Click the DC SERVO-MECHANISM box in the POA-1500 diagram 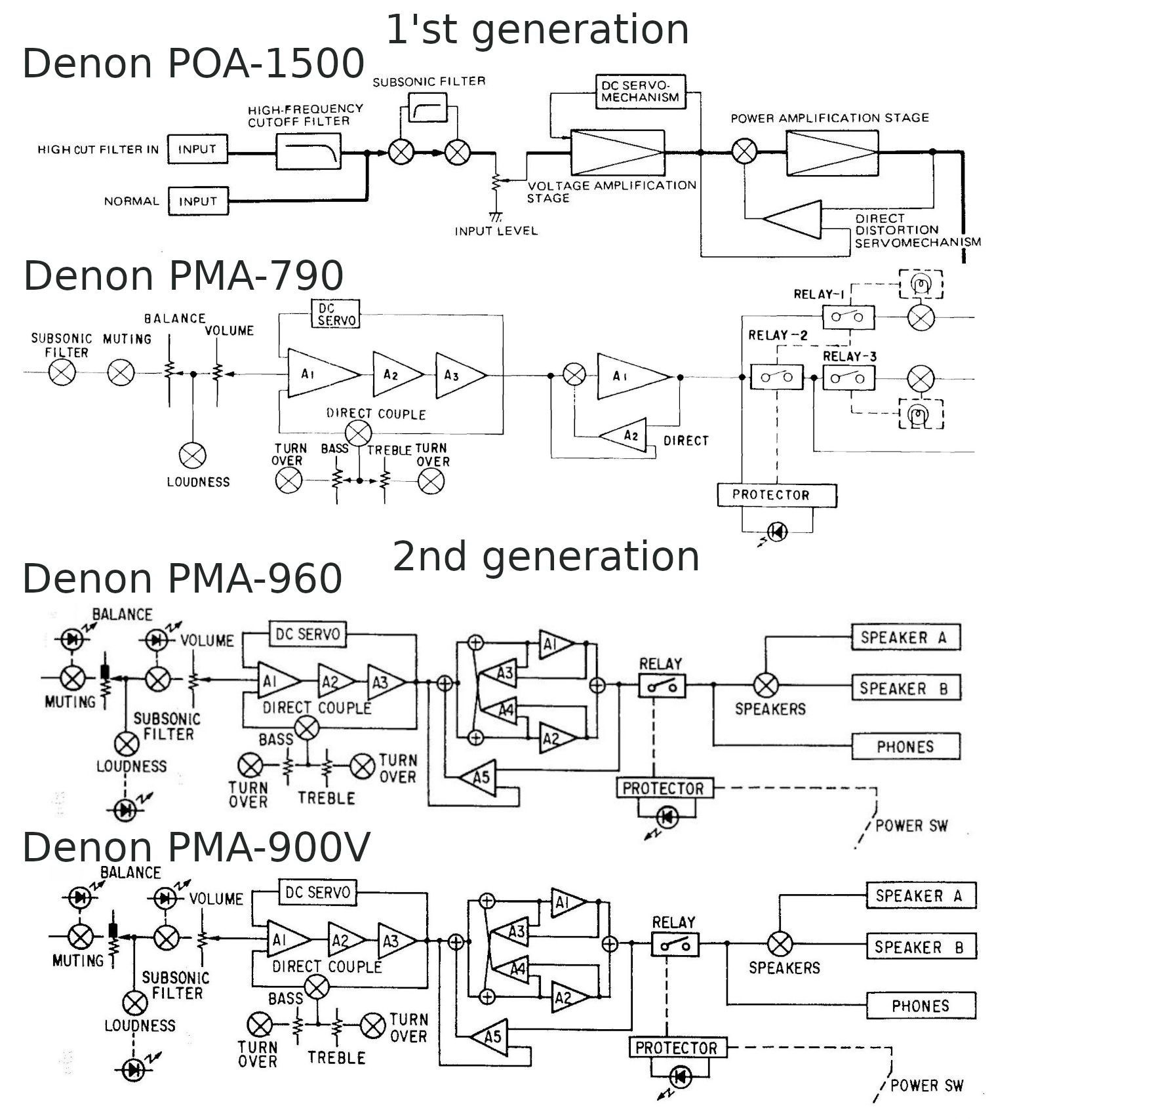coord(640,92)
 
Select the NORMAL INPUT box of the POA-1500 coord(197,201)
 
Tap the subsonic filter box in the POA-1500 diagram coord(427,108)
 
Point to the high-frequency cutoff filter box coord(309,152)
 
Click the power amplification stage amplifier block coord(832,153)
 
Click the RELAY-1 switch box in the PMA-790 coord(848,317)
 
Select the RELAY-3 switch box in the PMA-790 coord(848,378)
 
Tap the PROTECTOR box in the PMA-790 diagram coord(776,495)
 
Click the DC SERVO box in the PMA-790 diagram coord(335,314)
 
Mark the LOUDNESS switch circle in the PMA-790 coord(192,456)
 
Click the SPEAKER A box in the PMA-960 coord(905,637)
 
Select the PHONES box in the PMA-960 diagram coord(905,746)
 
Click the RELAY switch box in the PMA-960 coord(662,686)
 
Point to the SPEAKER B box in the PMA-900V coord(921,947)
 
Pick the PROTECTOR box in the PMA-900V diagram coord(677,1048)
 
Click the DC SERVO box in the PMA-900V coord(318,892)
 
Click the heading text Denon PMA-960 coord(182,579)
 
